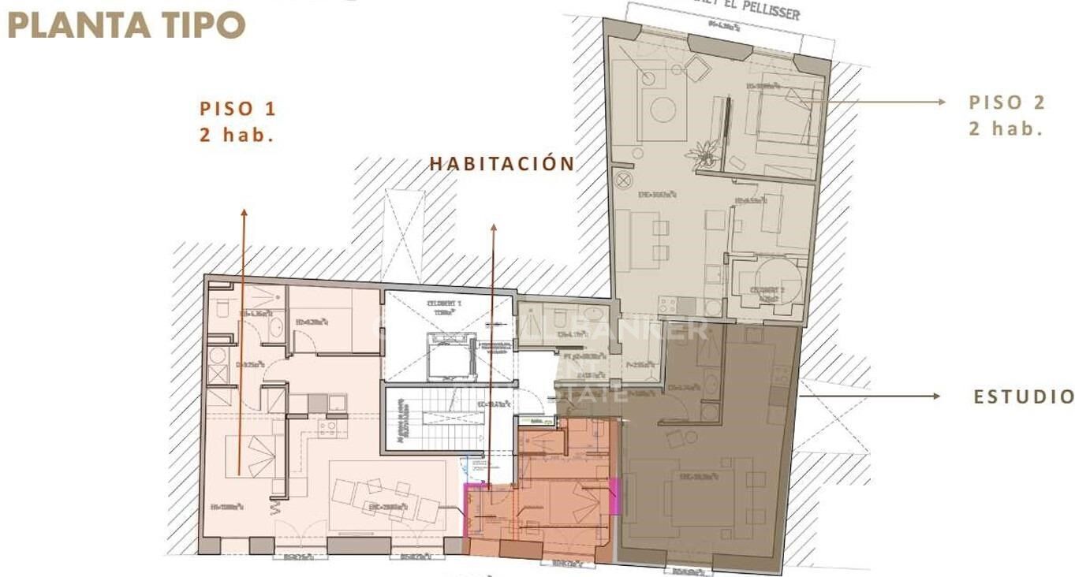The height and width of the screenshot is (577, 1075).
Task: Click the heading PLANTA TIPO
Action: (x=126, y=25)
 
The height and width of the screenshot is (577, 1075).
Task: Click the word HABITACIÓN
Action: (x=502, y=164)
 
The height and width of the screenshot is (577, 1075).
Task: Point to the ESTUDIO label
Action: (x=1024, y=396)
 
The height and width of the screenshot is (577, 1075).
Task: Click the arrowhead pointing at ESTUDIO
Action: (x=936, y=396)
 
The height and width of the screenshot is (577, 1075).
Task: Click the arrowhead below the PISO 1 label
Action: (x=244, y=213)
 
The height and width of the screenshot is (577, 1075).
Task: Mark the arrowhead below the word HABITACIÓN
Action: (x=494, y=229)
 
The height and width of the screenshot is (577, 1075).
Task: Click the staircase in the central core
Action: (x=446, y=419)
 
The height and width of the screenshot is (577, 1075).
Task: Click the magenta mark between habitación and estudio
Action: (x=615, y=496)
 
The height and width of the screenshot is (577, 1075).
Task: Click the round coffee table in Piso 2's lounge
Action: (x=663, y=110)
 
